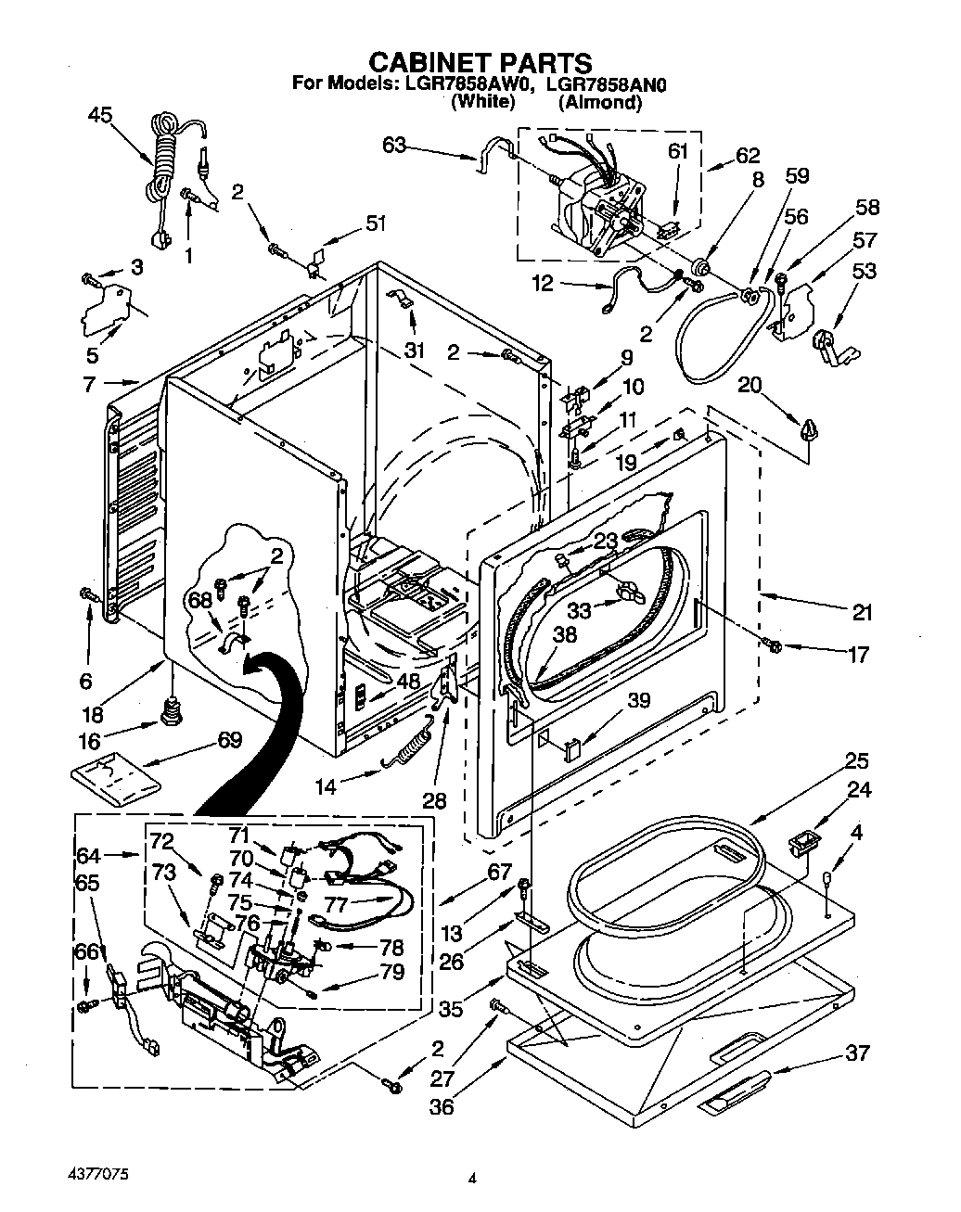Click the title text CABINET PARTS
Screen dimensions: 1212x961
tap(480, 62)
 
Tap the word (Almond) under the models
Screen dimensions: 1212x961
tap(600, 103)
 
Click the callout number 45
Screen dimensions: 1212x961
tap(99, 115)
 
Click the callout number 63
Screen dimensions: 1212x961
tap(394, 145)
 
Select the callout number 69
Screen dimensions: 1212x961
tap(229, 739)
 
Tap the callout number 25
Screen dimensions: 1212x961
tap(856, 761)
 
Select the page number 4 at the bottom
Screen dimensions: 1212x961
tap(473, 1180)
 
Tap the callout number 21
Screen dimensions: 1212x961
tap(863, 612)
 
